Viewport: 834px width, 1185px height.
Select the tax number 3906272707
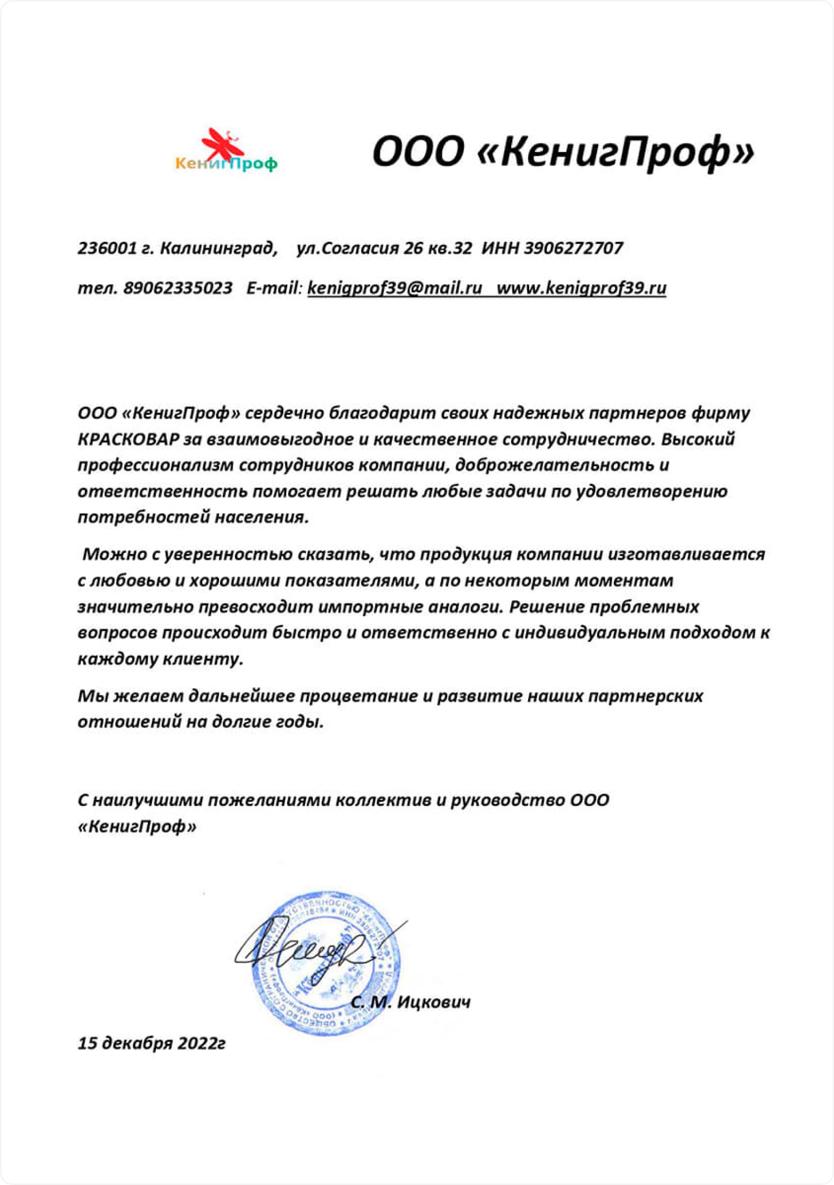point(573,248)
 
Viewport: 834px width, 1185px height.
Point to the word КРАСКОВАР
point(129,439)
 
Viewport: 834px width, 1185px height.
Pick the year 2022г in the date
point(201,1044)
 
